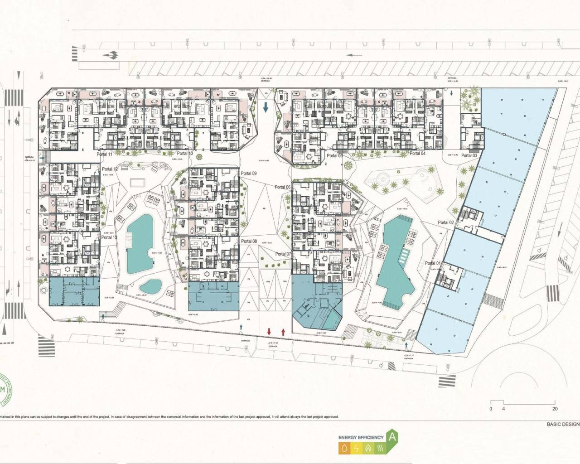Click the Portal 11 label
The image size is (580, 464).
click(104, 155)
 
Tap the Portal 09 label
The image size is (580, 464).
click(249, 174)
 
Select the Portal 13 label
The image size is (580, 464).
click(109, 237)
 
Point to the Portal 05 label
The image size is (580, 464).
click(334, 155)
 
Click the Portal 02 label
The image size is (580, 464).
click(446, 222)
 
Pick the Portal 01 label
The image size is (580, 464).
click(433, 263)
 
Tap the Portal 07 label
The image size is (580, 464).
click(283, 254)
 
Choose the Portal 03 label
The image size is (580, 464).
click(469, 155)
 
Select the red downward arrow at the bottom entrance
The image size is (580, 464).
click(269, 332)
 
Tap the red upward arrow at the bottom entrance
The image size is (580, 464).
click(283, 332)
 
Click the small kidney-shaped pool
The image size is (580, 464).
click(150, 286)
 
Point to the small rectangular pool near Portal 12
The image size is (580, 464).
click(136, 182)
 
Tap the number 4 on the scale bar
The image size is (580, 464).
click(503, 408)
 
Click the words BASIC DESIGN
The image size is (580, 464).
click(562, 424)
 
